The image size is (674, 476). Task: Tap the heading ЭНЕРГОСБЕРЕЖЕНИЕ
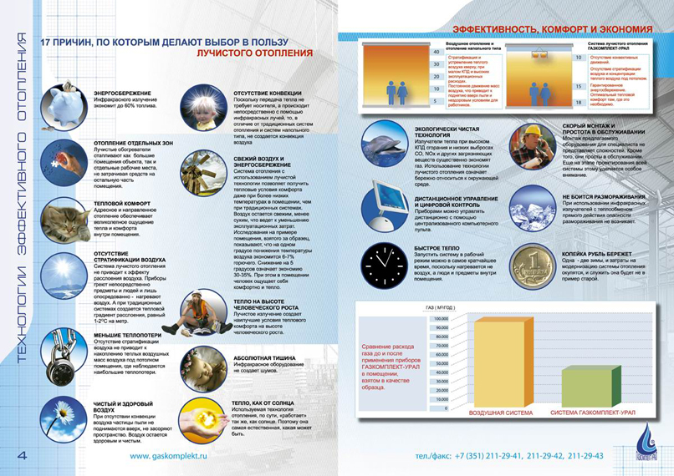pyautogui.click(x=121, y=93)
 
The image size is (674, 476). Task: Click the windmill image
pyautogui.click(x=203, y=171)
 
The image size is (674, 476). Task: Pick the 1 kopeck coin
pyautogui.click(x=532, y=267)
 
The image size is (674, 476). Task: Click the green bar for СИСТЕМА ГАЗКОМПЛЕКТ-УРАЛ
pyautogui.click(x=594, y=387)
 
